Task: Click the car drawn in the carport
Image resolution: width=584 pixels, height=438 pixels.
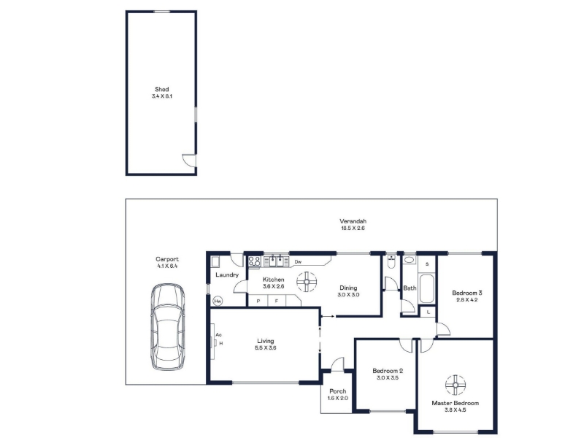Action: tap(168, 327)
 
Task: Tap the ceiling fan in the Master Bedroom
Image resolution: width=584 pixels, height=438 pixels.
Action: tap(455, 385)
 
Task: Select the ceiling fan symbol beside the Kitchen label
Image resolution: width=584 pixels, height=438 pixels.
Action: tap(307, 282)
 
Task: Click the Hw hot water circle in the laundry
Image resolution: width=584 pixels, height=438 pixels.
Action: tap(218, 301)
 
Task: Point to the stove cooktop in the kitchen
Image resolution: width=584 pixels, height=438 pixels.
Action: tap(254, 261)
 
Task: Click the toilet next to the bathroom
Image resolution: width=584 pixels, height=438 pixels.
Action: tap(391, 262)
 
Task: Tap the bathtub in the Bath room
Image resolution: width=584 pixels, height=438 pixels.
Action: tap(426, 288)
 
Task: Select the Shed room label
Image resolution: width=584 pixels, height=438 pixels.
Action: tap(161, 89)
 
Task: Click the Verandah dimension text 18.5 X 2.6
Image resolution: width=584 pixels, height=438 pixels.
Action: tap(353, 228)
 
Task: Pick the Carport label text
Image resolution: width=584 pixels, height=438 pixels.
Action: tap(167, 259)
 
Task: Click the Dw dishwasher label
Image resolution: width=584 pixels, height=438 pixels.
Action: tap(298, 262)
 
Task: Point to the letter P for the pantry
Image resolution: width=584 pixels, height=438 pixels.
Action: tap(258, 301)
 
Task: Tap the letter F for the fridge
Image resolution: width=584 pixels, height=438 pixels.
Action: tap(277, 301)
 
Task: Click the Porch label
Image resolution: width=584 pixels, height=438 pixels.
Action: tap(338, 391)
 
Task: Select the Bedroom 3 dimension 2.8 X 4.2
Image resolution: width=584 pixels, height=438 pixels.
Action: tap(466, 299)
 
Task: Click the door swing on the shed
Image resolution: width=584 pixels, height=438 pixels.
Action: tap(188, 161)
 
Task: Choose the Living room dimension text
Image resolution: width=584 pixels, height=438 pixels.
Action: tap(266, 348)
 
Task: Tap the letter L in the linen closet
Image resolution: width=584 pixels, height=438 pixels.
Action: tap(429, 312)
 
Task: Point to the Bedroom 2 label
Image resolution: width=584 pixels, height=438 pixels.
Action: tap(388, 371)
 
